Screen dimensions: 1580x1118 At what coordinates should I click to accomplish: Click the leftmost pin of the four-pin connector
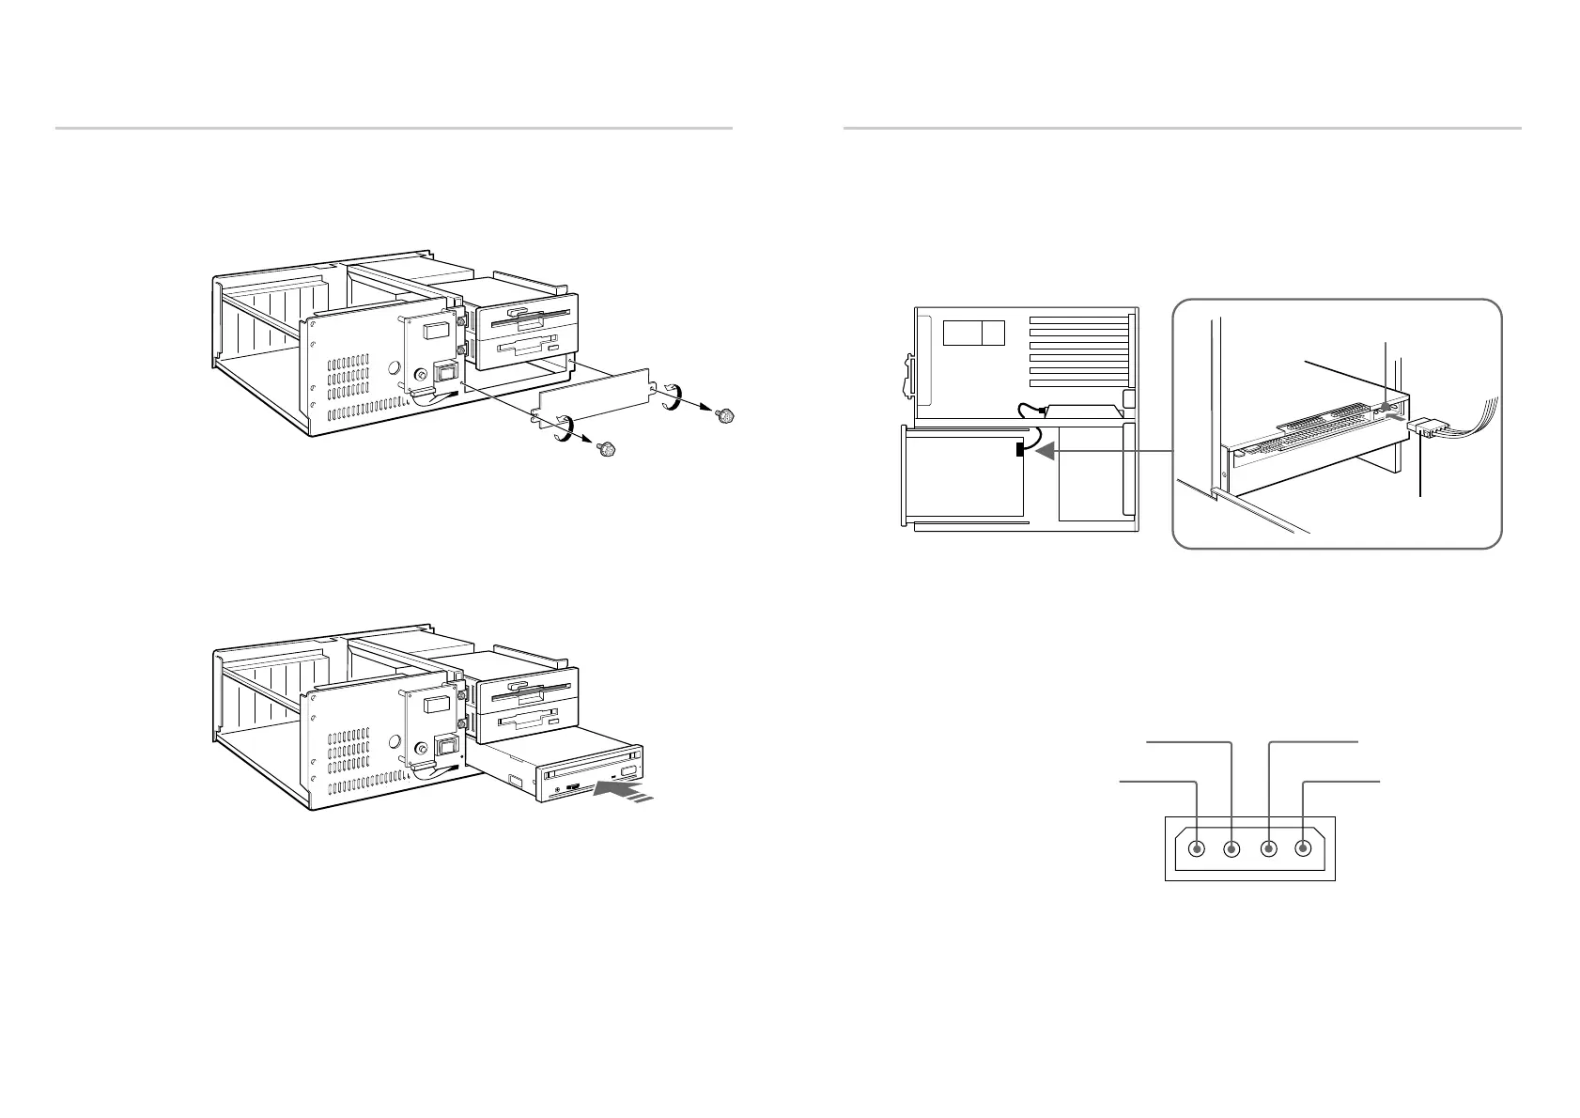click(x=1196, y=848)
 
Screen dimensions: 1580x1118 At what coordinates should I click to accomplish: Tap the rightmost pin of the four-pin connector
click(x=1303, y=848)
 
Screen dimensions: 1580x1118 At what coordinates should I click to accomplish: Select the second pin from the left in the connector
click(x=1231, y=848)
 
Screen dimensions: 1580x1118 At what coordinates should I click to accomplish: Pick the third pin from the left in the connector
click(x=1268, y=848)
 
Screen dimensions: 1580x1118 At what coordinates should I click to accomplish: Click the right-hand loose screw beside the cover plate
click(x=725, y=416)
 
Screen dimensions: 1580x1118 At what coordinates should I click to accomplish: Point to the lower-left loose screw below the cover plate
click(x=608, y=450)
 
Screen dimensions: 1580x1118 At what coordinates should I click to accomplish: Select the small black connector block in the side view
click(x=1020, y=450)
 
